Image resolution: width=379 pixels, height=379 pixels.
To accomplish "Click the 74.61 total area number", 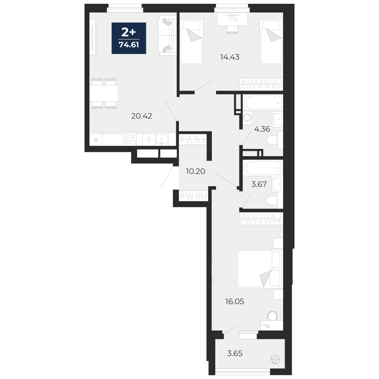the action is (129, 45).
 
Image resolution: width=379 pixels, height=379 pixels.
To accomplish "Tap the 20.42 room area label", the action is (141, 116).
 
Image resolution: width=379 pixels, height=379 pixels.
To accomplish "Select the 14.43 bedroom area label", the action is (230, 57).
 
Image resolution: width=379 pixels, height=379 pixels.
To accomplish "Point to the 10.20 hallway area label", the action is (196, 171).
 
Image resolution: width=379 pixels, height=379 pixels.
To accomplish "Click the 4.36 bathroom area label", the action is (262, 129).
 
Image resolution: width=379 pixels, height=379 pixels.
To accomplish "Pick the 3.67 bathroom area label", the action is (259, 185).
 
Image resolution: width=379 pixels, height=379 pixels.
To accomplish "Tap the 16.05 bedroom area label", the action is (235, 302).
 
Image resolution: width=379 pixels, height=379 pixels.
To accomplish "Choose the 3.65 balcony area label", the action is (235, 353).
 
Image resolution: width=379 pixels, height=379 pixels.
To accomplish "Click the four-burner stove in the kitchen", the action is (130, 139).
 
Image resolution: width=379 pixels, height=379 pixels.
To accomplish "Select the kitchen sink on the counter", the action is (162, 139).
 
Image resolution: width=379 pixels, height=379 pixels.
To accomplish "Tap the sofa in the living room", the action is (168, 36).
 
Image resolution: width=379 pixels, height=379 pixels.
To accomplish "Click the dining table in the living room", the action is (104, 93).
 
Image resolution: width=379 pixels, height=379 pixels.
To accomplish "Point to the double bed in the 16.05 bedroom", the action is (260, 269).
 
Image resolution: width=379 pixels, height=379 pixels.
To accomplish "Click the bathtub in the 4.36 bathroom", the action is (263, 102).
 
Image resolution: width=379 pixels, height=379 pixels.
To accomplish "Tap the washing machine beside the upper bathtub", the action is (247, 118).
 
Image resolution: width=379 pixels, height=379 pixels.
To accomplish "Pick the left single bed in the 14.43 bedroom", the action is (191, 41).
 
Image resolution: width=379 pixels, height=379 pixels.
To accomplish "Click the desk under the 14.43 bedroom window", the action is (232, 19).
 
